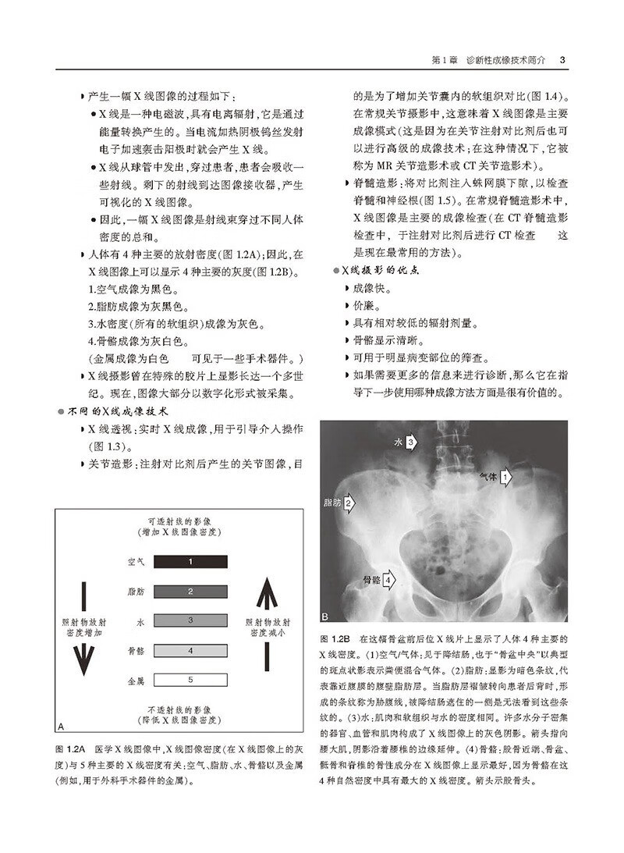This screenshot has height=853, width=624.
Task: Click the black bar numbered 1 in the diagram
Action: coord(190,561)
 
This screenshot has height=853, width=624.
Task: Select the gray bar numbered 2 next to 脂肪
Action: coord(190,591)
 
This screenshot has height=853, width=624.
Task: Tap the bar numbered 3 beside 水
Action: coord(190,620)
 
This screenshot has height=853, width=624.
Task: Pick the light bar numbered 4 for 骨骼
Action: coord(190,650)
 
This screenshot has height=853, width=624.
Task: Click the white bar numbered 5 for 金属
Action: coord(190,681)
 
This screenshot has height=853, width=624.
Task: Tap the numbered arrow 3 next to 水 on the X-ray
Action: coord(412,442)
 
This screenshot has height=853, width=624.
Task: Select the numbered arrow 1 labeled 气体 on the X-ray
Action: coord(505,475)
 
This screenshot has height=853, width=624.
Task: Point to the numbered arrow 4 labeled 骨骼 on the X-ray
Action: coord(388,579)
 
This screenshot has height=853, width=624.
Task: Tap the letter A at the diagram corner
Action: coord(61,725)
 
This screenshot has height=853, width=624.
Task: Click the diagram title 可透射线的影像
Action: coord(180,519)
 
